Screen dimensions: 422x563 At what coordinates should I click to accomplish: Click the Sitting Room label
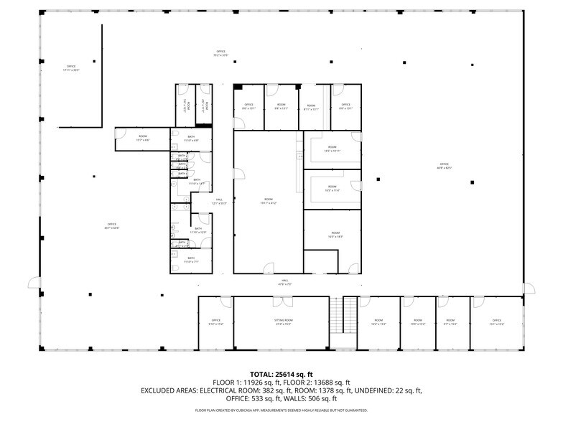[284, 322]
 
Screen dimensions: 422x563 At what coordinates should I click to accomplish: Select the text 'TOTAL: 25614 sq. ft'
[281, 375]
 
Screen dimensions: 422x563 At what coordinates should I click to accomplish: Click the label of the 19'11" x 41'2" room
[269, 202]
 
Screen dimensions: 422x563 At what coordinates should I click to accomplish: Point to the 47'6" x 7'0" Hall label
[285, 282]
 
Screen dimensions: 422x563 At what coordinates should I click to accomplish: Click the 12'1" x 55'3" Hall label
[219, 202]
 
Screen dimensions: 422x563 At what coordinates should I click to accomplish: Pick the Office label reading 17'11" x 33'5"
[71, 68]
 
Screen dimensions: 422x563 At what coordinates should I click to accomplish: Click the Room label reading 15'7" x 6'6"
[143, 138]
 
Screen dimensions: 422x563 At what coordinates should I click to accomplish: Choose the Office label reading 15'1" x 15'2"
[496, 322]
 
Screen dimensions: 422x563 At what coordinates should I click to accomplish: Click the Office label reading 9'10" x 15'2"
[215, 322]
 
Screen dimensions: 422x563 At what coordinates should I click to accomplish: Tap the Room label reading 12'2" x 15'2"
[378, 322]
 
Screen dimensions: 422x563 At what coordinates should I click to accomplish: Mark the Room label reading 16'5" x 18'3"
[335, 235]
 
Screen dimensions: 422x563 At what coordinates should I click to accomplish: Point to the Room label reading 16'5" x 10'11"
[332, 149]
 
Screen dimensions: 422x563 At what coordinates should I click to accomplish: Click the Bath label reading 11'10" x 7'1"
[190, 260]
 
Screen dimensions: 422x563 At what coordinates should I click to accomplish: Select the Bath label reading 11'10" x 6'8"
[191, 138]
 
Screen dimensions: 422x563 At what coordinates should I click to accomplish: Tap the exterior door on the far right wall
[530, 288]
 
